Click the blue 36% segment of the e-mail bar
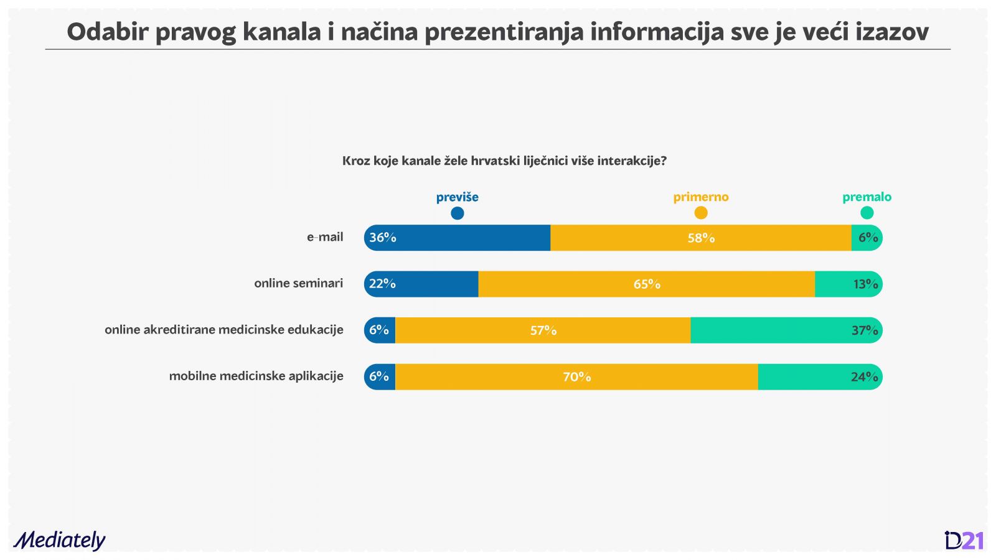(458, 238)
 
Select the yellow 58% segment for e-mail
(700, 238)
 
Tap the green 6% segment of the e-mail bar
(867, 238)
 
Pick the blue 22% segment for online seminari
(422, 284)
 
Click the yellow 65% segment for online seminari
(646, 284)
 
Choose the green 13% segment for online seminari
(848, 284)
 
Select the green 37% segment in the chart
(786, 330)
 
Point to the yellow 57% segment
(543, 330)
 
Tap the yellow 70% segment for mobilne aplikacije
(576, 376)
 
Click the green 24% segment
(819, 376)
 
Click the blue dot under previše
(458, 213)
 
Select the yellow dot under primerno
(701, 213)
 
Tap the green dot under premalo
(867, 213)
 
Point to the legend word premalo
(867, 197)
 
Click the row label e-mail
(325, 237)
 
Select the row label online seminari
(298, 283)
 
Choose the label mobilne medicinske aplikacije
(256, 376)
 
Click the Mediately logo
(60, 540)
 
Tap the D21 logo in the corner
(964, 540)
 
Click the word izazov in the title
(891, 32)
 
